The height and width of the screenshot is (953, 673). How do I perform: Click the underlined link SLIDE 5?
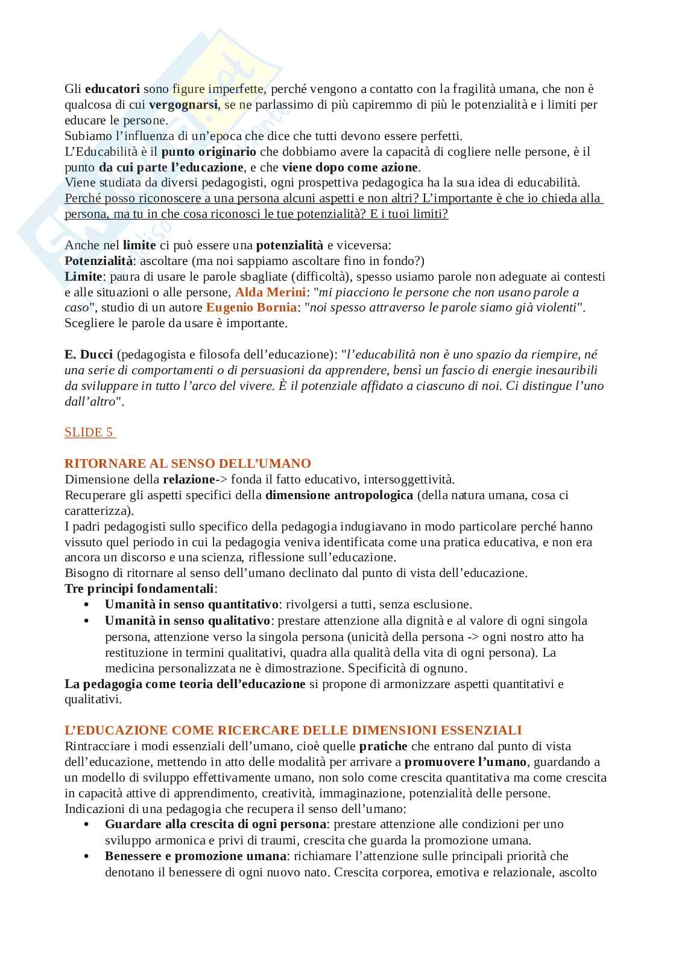click(89, 432)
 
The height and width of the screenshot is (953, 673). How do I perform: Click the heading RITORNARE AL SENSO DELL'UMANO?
click(188, 464)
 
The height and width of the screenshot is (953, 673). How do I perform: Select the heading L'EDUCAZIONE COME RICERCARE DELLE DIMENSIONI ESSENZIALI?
click(293, 730)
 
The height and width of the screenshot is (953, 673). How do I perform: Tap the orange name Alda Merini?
click(270, 292)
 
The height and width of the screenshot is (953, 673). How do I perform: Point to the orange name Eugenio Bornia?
click(251, 307)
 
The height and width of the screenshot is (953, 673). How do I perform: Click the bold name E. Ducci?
click(89, 354)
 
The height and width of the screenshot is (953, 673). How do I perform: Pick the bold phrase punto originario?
click(209, 151)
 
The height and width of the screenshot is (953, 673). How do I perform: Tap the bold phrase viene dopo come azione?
click(350, 167)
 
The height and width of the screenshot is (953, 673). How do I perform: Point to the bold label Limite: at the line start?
click(85, 276)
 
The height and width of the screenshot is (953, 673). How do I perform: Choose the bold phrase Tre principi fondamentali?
click(139, 588)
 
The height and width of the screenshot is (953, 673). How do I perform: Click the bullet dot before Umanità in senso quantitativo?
click(87, 605)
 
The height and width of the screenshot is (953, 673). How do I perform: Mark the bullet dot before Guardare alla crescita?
click(87, 824)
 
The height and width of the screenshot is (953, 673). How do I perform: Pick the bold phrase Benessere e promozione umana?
click(195, 856)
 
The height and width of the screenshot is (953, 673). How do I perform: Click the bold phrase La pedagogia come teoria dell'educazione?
click(185, 684)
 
